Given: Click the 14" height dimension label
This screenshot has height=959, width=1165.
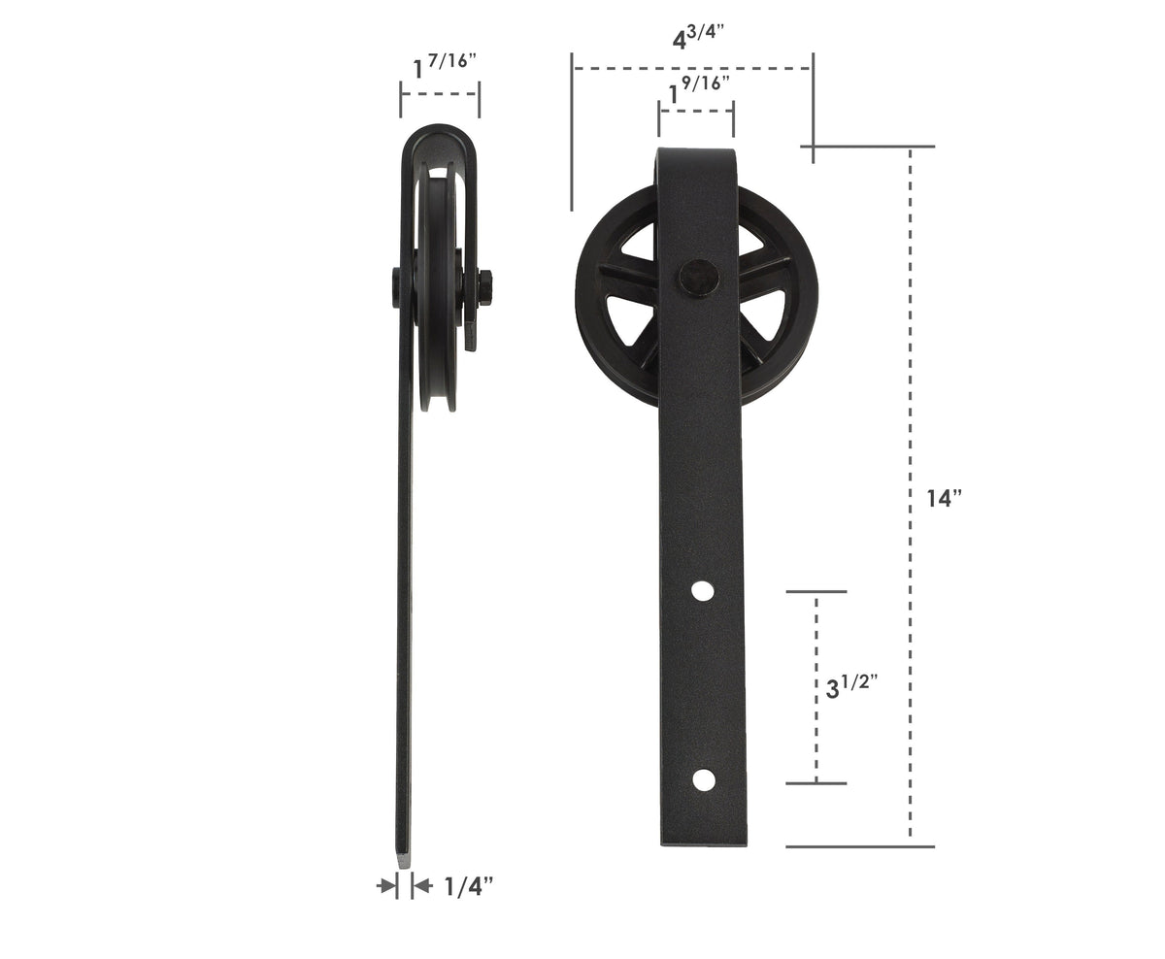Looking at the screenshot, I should (x=944, y=499).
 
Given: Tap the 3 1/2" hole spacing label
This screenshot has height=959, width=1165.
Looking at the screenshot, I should (x=851, y=687).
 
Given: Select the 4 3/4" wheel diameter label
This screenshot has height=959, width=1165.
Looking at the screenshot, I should (x=699, y=40).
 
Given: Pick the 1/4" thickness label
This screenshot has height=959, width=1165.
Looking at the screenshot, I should (x=469, y=885).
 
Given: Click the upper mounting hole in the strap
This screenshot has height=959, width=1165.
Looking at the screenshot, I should (x=702, y=589).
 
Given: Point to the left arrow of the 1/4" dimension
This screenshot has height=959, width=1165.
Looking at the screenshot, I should (x=386, y=884).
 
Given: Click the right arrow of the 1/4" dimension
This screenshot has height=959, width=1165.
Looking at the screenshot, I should (x=421, y=884).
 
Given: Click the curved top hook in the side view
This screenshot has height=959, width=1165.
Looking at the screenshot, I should (x=442, y=136).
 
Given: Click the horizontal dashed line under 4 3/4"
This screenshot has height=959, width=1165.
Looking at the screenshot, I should (x=691, y=68).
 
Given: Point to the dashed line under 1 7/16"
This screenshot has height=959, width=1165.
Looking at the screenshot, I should (x=440, y=94).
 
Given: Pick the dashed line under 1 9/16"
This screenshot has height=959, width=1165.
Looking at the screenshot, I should (x=696, y=111).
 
